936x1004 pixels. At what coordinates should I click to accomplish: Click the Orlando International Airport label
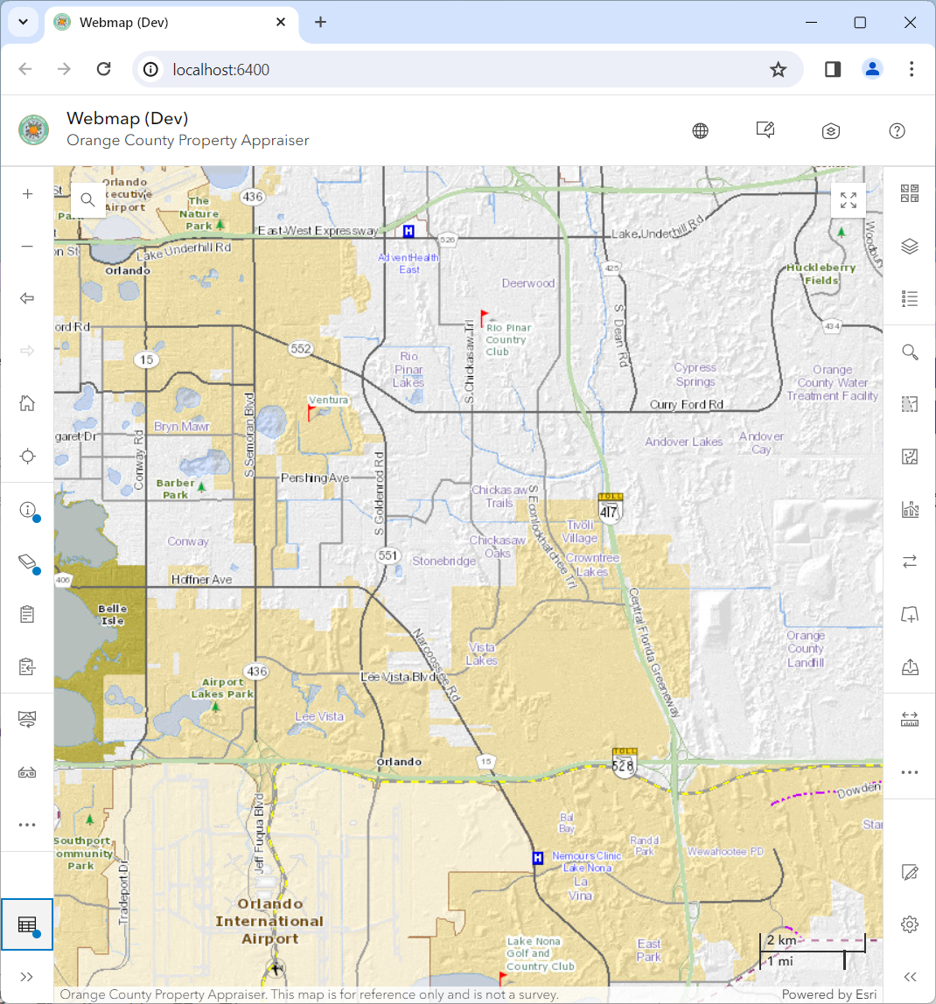click(x=269, y=921)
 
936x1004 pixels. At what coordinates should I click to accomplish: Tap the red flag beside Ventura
click(x=311, y=412)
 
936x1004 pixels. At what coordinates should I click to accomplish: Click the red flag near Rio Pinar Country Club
click(x=484, y=317)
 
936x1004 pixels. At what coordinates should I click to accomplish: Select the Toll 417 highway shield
click(x=610, y=507)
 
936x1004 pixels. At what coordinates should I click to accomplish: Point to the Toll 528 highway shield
click(x=624, y=762)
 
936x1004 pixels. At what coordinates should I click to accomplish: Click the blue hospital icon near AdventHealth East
click(x=409, y=231)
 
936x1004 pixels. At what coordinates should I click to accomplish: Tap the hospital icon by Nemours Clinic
click(x=538, y=858)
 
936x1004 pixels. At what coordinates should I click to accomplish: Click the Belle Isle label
click(x=112, y=614)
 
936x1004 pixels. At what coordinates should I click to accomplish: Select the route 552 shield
click(x=301, y=349)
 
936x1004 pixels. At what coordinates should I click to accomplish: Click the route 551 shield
click(x=387, y=555)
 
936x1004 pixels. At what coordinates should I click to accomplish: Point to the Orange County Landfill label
click(x=805, y=649)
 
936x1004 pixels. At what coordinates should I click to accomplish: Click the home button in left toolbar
click(x=27, y=403)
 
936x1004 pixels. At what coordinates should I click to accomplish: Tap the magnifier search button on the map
click(x=87, y=199)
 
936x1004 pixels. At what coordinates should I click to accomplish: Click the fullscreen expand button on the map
click(x=848, y=199)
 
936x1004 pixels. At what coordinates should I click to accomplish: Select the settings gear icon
click(x=910, y=924)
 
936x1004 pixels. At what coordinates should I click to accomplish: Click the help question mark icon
click(x=897, y=131)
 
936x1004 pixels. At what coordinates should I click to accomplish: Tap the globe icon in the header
click(x=700, y=131)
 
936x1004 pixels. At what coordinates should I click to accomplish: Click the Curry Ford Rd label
click(x=687, y=405)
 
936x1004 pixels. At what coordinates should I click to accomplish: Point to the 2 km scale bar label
click(x=781, y=940)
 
